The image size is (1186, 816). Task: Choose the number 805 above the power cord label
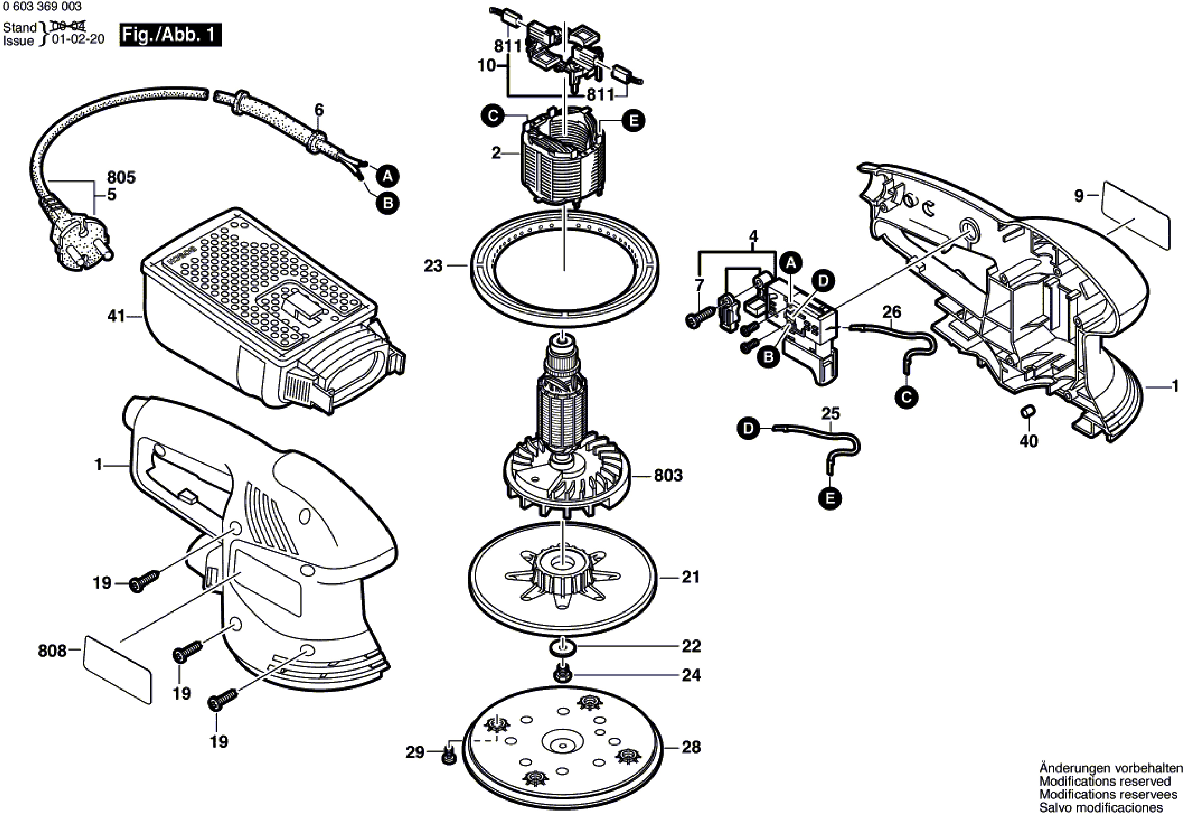coord(121,178)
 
